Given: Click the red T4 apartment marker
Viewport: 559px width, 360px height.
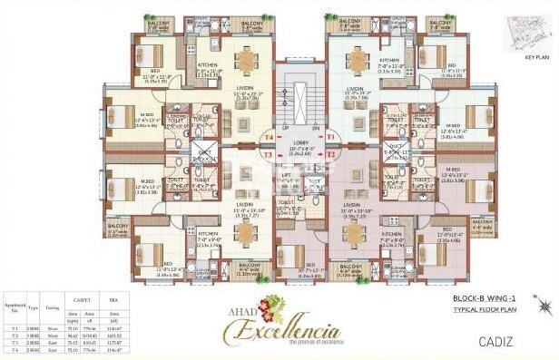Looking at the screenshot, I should click(x=268, y=138).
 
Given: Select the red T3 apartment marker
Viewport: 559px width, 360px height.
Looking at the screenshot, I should click(x=269, y=155).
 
